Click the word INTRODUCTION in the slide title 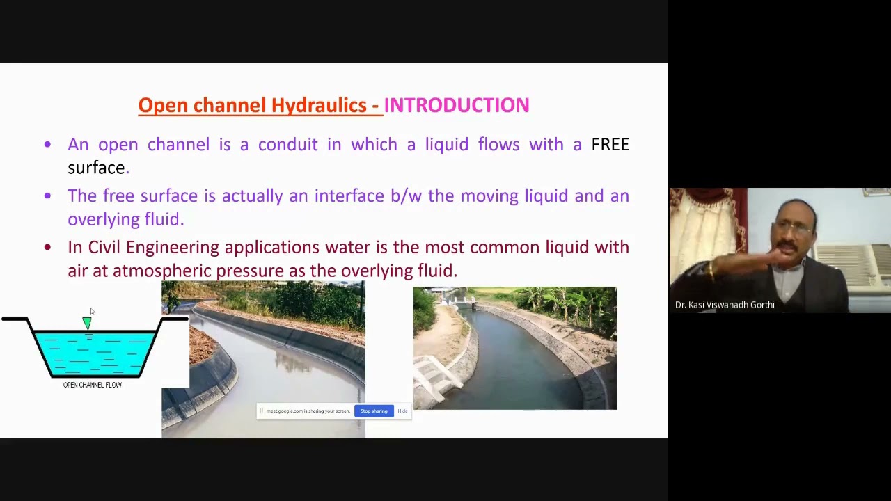pyautogui.click(x=457, y=105)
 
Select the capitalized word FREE pyautogui.click(x=610, y=145)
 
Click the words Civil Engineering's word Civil pyautogui.click(x=104, y=248)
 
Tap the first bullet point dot pyautogui.click(x=47, y=145)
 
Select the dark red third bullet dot pyautogui.click(x=47, y=247)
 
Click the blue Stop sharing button pyautogui.click(x=374, y=411)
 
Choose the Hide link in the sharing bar pyautogui.click(x=402, y=411)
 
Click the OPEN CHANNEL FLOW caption pyautogui.click(x=93, y=385)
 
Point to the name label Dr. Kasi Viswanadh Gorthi pyautogui.click(x=725, y=305)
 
